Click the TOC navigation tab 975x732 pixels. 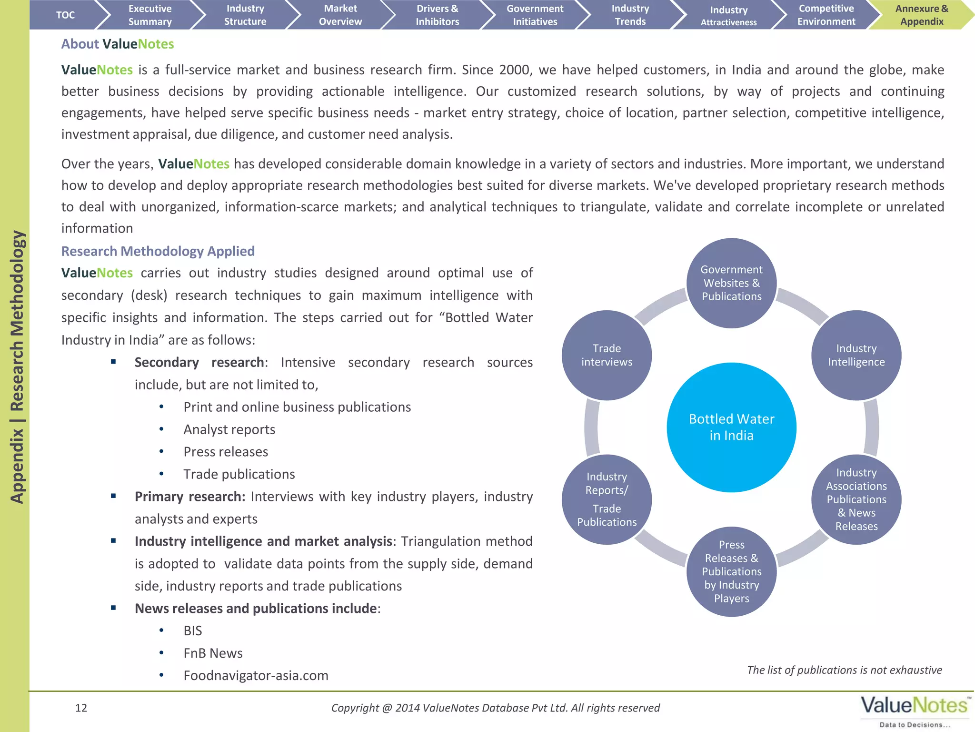coord(65,15)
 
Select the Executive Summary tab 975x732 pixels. coord(150,15)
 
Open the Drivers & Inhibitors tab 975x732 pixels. coord(437,15)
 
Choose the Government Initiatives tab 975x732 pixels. coord(535,15)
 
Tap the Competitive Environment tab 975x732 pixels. coord(826,15)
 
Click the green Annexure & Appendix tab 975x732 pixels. coord(921,15)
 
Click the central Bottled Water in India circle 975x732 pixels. coord(731,427)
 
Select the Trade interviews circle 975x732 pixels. coord(607,355)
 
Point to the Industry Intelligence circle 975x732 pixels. coord(856,355)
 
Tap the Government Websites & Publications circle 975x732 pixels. coord(731,283)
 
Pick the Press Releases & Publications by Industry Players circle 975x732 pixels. coord(731,571)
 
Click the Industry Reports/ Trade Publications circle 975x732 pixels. coord(607,499)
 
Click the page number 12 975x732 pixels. coord(81,708)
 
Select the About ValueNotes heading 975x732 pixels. coord(118,44)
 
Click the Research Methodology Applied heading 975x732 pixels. coord(158,251)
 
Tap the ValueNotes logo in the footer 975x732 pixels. coord(915,711)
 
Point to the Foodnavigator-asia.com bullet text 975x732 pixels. coord(256,675)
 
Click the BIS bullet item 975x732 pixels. coord(193,630)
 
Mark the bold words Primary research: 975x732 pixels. coord(190,497)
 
